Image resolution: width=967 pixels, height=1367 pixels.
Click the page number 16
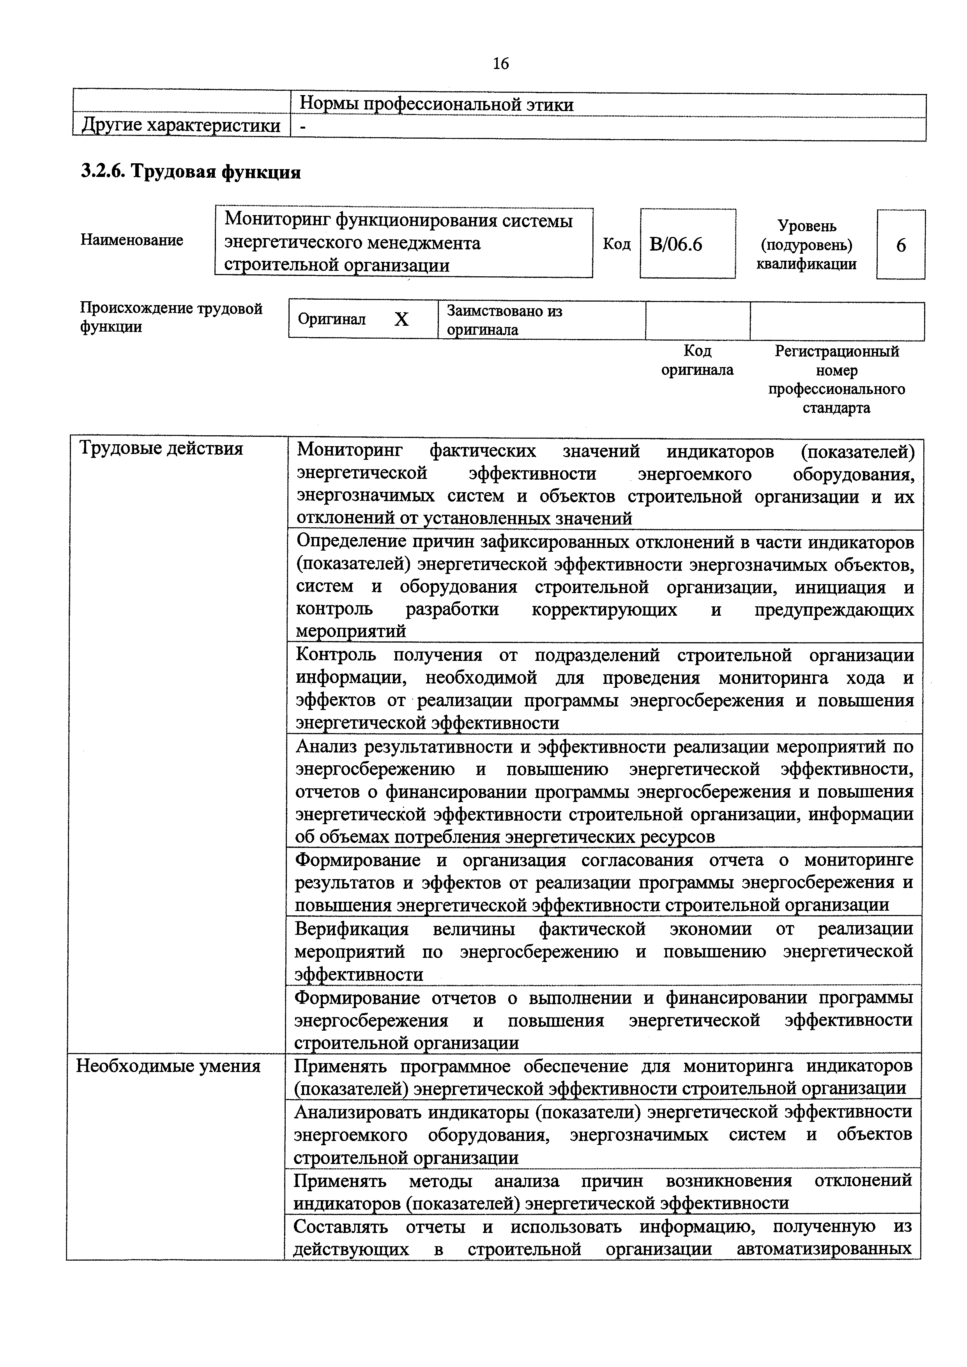coord(501,63)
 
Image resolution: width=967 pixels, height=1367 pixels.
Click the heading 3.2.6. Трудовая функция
coord(191,172)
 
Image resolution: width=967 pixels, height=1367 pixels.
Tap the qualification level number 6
coord(900,245)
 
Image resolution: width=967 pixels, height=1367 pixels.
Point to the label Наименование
coord(132,240)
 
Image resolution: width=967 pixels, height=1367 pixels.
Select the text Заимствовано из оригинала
coord(504,320)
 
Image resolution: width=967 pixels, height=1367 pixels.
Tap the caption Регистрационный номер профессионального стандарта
coord(836,379)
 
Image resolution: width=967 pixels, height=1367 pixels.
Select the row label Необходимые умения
coord(168,1066)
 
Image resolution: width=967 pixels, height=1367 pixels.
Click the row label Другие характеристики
coord(181,125)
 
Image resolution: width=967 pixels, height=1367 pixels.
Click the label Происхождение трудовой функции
coord(171,317)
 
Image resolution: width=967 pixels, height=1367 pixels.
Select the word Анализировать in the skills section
coord(358,1112)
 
